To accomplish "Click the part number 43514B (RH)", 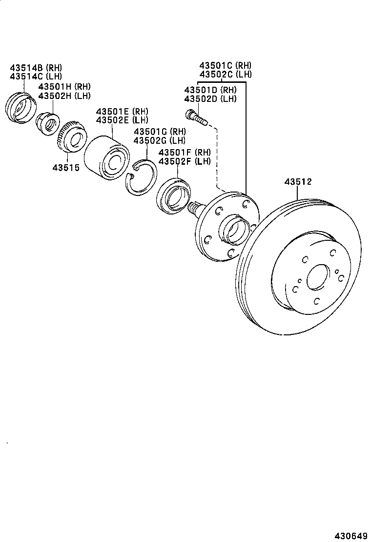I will point(36,67).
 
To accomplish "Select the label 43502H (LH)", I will point(64,96).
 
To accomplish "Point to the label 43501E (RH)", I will point(122,112).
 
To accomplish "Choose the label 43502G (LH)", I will point(160,140).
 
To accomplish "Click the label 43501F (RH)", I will point(184,153).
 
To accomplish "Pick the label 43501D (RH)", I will point(210,90).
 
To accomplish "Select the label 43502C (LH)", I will point(225,74).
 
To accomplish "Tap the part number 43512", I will point(298,182).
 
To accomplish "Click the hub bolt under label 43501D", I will point(195,117).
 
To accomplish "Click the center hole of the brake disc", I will point(320,278).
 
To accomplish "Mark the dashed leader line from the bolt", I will point(216,156).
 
